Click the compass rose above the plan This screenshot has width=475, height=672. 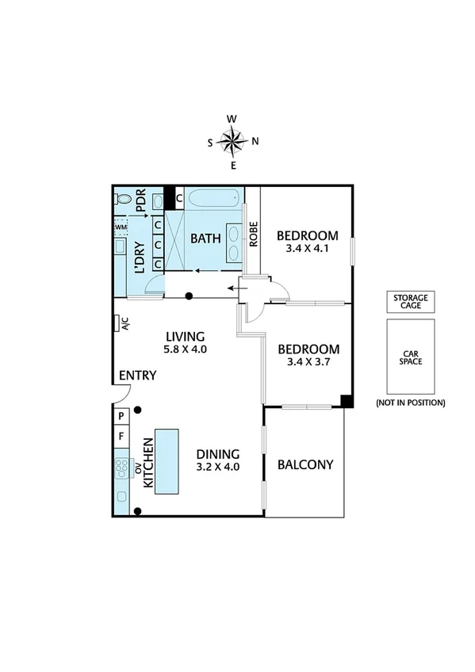pos(232,142)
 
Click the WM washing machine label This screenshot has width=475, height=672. pos(121,227)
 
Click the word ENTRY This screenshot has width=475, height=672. pos(137,376)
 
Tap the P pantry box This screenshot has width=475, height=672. pos(121,416)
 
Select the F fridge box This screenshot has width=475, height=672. pos(121,435)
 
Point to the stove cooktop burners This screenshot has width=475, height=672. pos(123,468)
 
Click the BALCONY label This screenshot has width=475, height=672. pos(305,465)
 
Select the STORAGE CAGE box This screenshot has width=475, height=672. pos(412,301)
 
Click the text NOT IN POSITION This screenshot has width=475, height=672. pos(411,403)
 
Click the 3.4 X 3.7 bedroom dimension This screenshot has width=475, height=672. pos(308,363)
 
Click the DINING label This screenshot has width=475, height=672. pos(218,453)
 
